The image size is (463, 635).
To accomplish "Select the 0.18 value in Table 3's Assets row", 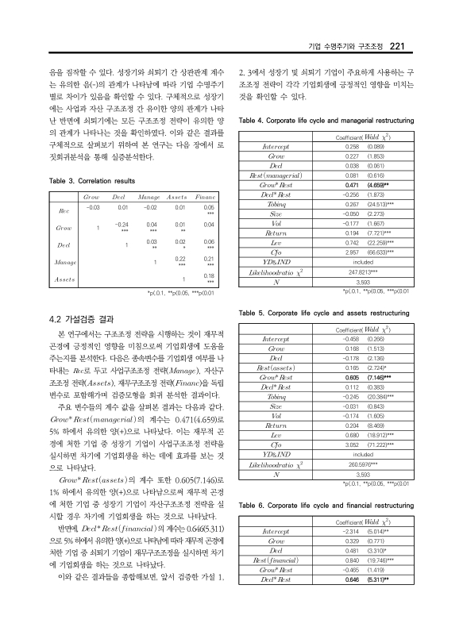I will (209, 275).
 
